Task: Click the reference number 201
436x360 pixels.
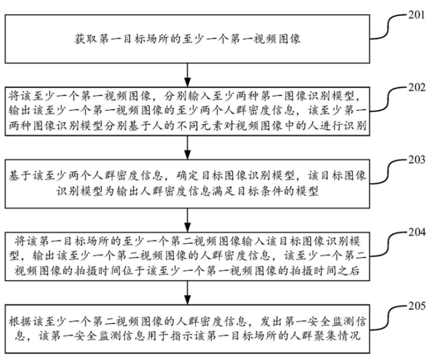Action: tap(416, 15)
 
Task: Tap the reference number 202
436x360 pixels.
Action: tap(417, 87)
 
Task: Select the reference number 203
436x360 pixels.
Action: tap(417, 159)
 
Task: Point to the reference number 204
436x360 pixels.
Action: tap(417, 232)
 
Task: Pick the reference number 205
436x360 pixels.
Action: tap(417, 305)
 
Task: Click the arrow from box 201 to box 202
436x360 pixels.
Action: tap(188, 75)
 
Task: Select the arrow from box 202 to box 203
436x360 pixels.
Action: tap(188, 148)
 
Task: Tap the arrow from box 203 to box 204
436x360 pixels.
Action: tap(188, 220)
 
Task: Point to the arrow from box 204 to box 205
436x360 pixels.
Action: tap(188, 292)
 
